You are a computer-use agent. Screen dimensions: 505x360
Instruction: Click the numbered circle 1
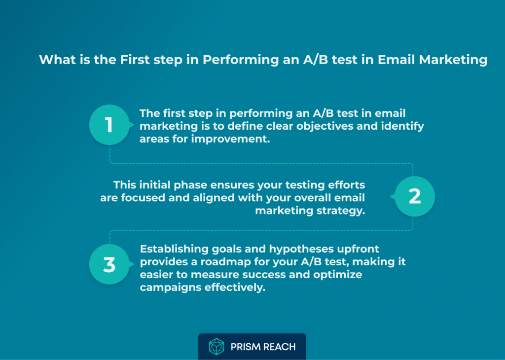point(109,125)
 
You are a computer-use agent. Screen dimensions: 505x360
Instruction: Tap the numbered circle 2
point(415,196)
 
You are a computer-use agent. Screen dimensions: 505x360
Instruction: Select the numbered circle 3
point(109,264)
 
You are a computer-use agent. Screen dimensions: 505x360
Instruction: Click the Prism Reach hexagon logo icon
point(216,347)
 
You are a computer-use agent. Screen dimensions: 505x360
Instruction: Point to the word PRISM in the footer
point(246,347)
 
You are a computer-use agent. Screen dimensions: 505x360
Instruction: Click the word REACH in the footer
point(279,347)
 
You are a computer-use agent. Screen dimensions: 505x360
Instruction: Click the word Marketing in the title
point(453,60)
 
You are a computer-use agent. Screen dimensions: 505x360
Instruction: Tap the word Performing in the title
point(241,60)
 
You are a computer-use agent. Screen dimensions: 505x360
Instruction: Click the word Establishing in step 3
point(174,250)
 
